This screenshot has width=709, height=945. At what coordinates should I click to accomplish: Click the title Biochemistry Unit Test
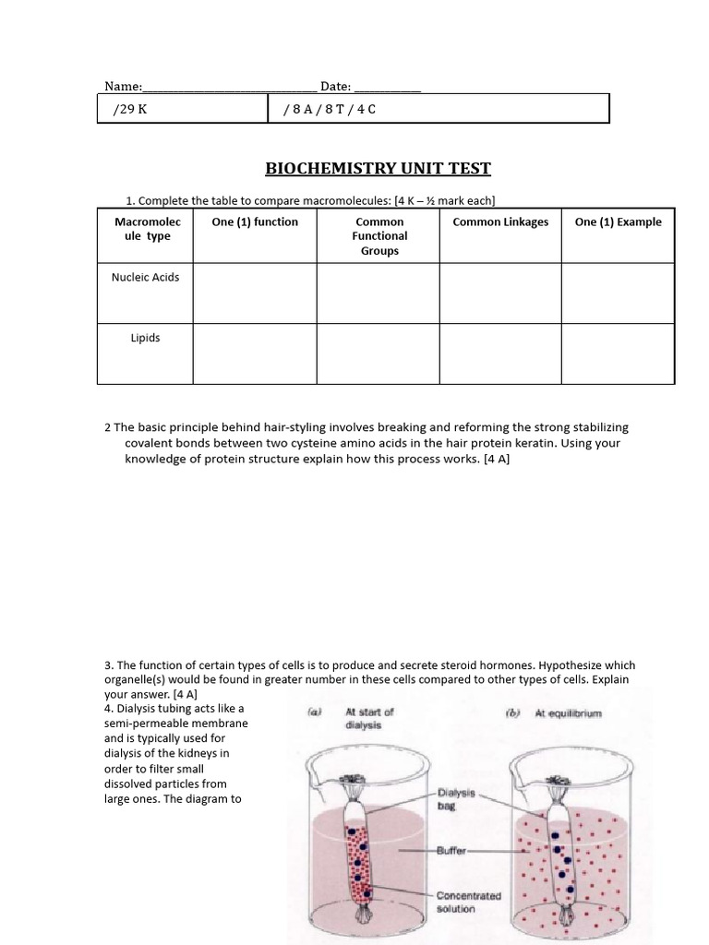[x=379, y=168]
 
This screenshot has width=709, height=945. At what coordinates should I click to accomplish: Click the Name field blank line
[x=229, y=88]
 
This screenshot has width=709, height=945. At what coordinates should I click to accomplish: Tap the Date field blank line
[x=388, y=88]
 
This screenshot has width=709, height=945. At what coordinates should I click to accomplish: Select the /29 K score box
[x=182, y=109]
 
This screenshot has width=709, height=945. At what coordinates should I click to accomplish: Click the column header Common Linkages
[x=500, y=221]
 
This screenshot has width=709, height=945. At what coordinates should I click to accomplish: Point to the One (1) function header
[x=255, y=221]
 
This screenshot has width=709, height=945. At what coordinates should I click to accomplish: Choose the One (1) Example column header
[x=618, y=221]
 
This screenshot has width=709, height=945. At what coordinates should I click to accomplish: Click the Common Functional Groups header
[x=379, y=236]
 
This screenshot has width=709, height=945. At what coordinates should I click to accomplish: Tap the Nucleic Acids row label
[x=145, y=277]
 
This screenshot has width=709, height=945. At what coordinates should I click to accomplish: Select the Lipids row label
[x=145, y=338]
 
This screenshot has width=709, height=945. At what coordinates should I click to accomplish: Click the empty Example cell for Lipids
[x=618, y=353]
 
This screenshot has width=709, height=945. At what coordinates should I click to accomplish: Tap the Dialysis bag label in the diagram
[x=453, y=798]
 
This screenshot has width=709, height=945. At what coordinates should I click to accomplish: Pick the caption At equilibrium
[x=567, y=714]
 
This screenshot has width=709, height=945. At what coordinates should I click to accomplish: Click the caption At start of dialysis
[x=369, y=718]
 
